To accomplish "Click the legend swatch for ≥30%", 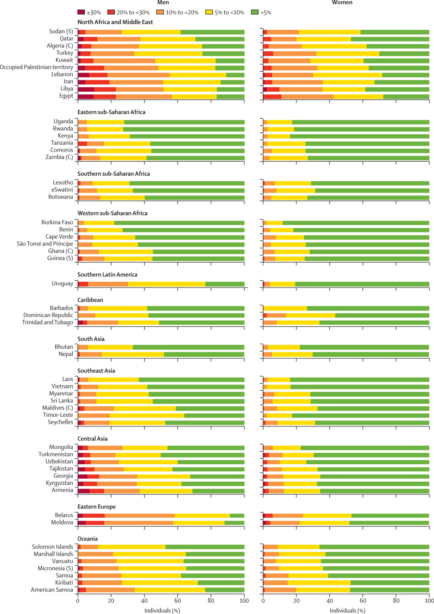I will [81, 12].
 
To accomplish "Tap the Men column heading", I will [163, 3].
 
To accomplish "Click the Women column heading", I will [342, 3].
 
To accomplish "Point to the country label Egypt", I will [66, 96].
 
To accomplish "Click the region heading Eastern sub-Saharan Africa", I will [111, 112].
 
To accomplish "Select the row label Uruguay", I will [62, 283].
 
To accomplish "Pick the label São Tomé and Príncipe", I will [45, 244].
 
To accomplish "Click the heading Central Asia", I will [93, 439].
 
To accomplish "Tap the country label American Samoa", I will [52, 590].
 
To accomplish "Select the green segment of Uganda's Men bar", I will [184, 121].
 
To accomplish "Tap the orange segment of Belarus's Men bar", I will [139, 515].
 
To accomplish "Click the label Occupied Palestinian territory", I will [37, 67].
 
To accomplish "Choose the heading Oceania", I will [88, 539].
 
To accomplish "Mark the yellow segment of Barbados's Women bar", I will [286, 308].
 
